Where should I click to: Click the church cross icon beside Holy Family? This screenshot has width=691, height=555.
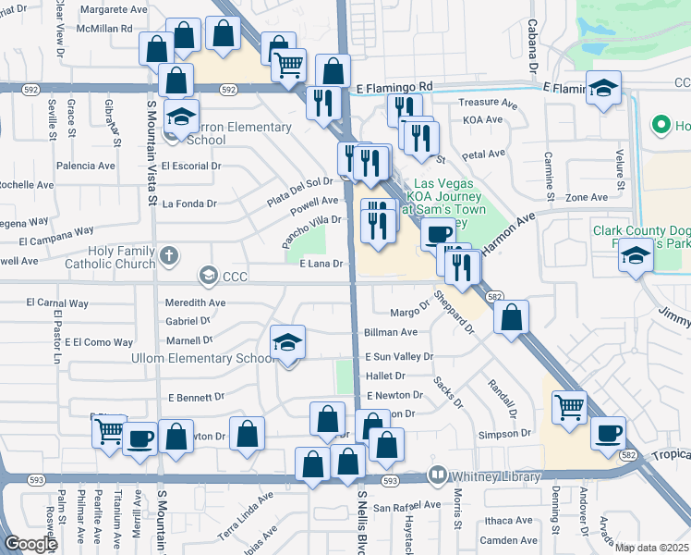pos(168,253)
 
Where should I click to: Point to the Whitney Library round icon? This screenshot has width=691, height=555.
pos(438,476)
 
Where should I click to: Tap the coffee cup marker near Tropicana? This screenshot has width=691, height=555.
pos(608,432)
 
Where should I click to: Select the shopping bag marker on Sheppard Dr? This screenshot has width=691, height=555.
pos(511,316)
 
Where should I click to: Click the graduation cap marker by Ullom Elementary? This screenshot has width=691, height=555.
pos(288,343)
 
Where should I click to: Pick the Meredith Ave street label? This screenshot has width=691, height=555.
pos(195,302)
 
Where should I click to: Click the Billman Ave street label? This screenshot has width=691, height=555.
pos(391,331)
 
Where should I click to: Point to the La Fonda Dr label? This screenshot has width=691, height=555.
pos(188,203)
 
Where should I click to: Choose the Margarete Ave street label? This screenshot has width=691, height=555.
pos(114,9)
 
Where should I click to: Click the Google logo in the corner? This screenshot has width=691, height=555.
pos(31,544)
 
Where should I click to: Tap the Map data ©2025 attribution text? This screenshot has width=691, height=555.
pos(652,548)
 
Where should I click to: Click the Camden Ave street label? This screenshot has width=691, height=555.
pos(508,540)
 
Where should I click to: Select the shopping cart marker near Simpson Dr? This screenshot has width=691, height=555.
pos(569,406)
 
